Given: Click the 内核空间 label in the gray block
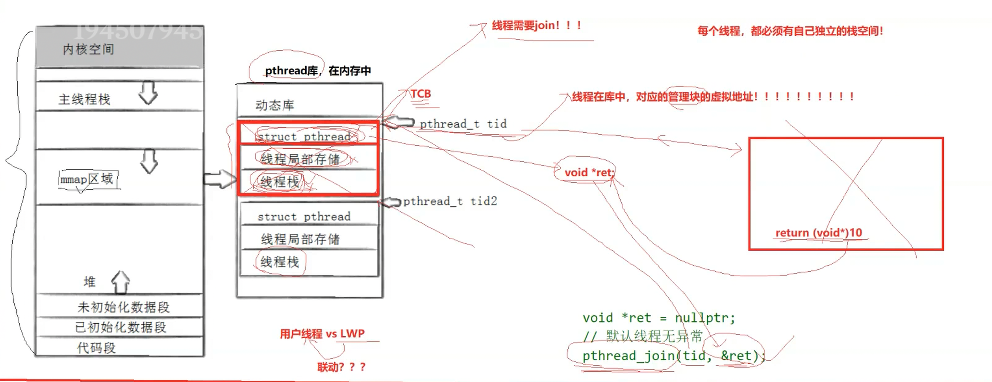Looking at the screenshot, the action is point(88,49).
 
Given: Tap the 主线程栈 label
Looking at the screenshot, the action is point(84,99).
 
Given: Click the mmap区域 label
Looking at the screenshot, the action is point(87,179).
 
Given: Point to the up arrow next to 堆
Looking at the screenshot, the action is point(121,282).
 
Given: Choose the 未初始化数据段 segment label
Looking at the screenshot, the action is point(123,307).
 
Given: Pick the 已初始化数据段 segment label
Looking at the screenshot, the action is point(120,327).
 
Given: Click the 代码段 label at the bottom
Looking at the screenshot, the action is point(96,348).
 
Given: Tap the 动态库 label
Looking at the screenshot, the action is point(275,105).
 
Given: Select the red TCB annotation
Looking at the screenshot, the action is point(421,94).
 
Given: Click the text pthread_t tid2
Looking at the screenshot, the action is point(450,201).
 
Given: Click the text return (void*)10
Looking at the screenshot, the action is point(819,233).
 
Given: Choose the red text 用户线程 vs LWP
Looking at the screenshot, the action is point(322,333).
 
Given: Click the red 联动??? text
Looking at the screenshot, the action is point(341,367).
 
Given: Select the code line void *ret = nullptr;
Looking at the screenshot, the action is point(659,318).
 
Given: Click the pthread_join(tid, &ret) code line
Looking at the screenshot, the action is point(674,355).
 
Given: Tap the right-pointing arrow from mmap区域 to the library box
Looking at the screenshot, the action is point(219,179).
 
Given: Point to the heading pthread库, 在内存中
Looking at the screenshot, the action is point(318,70).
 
